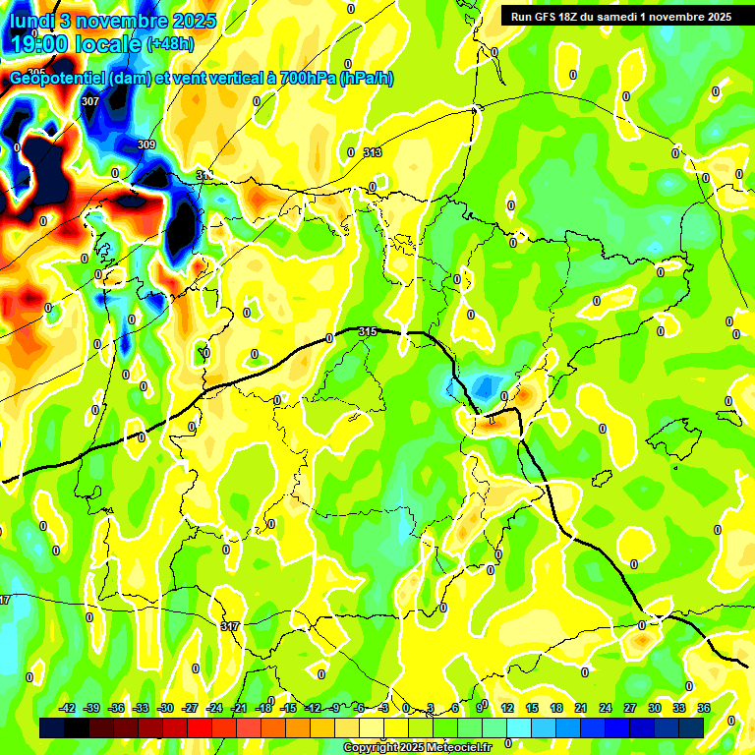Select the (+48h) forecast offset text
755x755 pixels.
tap(169, 44)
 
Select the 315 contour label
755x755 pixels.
tap(369, 331)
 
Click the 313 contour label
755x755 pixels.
tap(372, 152)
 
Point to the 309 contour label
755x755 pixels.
tap(146, 145)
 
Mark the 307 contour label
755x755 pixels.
tap(90, 101)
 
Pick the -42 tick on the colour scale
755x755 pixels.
tap(68, 708)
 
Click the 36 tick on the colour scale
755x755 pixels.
tap(703, 708)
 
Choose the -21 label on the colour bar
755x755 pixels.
tap(239, 708)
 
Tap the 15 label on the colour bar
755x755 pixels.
tap(531, 708)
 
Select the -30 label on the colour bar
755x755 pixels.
tap(166, 708)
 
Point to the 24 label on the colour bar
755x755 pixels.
tap(605, 708)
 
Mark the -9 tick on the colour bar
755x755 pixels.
tap(335, 708)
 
